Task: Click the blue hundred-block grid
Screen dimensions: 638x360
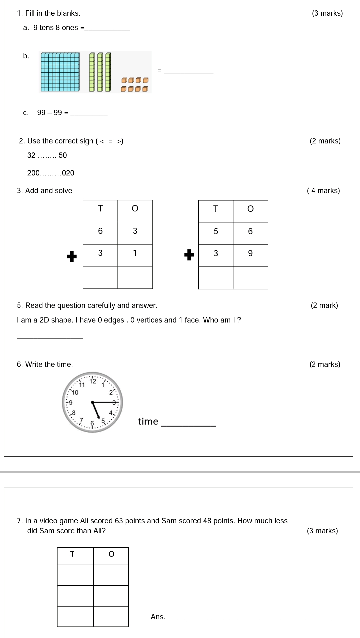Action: tap(60, 72)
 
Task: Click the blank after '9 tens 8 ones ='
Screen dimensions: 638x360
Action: tap(107, 28)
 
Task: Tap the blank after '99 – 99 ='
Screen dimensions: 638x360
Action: tap(89, 113)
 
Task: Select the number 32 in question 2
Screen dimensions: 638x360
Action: tap(31, 155)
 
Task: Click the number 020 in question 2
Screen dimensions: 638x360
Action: tap(68, 173)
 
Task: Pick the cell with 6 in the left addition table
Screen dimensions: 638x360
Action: tap(100, 231)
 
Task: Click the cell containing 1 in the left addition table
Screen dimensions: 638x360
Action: tap(135, 253)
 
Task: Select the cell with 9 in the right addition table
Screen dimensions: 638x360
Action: tap(250, 253)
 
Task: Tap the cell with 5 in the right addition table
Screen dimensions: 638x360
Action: tap(216, 231)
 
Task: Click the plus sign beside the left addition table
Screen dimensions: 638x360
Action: tap(72, 256)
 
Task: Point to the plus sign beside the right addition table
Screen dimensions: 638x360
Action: tap(189, 254)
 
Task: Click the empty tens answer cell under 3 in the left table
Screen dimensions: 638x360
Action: tap(100, 277)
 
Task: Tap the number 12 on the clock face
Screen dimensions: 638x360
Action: tap(93, 381)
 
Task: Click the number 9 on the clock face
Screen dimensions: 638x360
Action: tap(70, 403)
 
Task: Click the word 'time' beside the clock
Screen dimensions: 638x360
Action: tap(148, 422)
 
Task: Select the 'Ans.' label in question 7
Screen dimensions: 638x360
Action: tap(158, 617)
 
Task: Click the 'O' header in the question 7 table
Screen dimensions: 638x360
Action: tap(111, 554)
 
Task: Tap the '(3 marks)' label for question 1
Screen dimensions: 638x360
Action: tap(327, 13)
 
